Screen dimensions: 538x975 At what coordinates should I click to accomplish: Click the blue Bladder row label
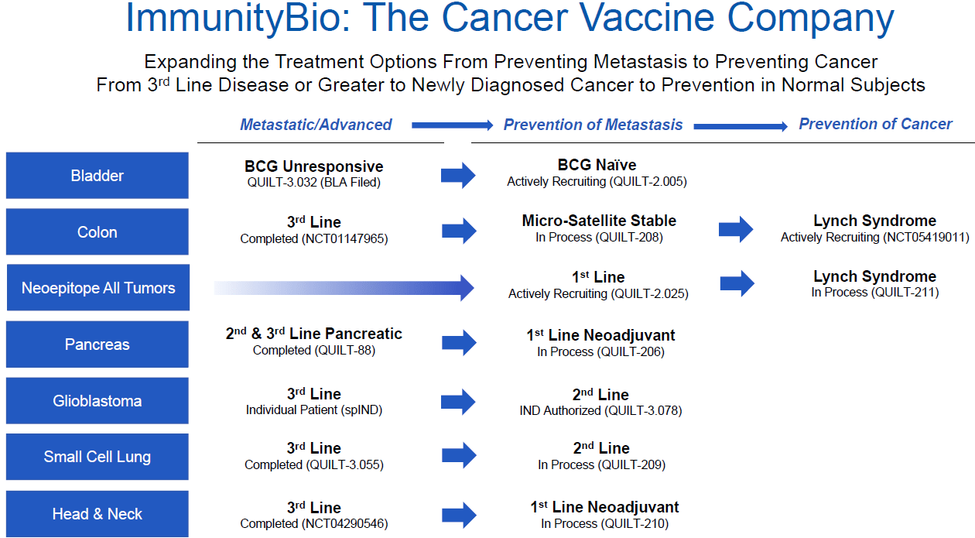(x=97, y=176)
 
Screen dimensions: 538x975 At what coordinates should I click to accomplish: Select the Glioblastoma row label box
(x=97, y=401)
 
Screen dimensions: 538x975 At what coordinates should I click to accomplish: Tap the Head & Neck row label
(x=97, y=514)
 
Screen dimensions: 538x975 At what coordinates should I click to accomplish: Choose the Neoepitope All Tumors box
(x=97, y=288)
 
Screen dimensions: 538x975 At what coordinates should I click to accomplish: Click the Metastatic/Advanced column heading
(x=316, y=125)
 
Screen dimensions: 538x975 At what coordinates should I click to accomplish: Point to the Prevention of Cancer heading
(x=875, y=124)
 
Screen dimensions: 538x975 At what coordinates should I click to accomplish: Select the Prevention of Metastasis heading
(x=593, y=125)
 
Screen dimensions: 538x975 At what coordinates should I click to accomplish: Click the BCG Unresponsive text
(x=313, y=166)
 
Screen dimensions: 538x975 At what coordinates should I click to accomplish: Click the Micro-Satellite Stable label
(x=599, y=221)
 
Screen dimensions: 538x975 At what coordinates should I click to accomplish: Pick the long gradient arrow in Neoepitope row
(x=344, y=288)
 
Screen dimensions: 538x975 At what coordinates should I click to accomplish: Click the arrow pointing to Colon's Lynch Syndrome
(x=736, y=229)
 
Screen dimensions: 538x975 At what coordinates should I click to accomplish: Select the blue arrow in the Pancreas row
(x=459, y=342)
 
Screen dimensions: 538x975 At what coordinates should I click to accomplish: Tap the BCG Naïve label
(x=597, y=165)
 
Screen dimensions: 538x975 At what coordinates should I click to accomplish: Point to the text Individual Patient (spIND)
(x=313, y=410)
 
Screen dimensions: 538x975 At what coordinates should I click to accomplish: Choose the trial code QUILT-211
(x=905, y=293)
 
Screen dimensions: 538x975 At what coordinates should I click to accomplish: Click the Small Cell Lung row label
(x=97, y=457)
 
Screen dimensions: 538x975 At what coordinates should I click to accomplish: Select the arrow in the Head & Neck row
(x=459, y=515)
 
